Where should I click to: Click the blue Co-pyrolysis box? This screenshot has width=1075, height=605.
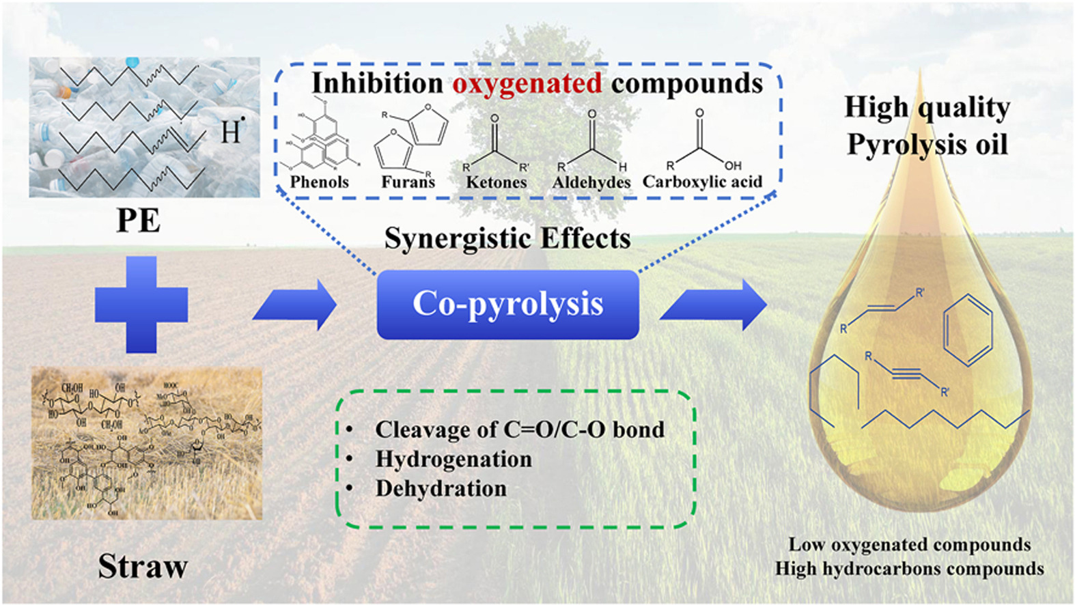(507, 305)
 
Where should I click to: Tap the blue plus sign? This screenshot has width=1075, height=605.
(141, 305)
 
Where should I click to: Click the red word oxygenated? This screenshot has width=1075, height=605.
(527, 83)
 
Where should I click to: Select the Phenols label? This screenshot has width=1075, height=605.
(319, 182)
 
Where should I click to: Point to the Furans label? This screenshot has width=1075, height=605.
(408, 182)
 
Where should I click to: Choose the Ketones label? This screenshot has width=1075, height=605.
(497, 182)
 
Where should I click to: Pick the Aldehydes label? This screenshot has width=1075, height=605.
(591, 182)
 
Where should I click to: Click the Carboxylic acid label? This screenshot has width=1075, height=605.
(702, 182)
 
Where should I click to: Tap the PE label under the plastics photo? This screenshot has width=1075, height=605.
(139, 221)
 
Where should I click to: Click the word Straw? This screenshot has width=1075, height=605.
(143, 567)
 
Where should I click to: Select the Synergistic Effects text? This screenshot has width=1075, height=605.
(507, 238)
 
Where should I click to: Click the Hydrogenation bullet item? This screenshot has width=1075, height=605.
(453, 460)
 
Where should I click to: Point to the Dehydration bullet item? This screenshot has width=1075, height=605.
(441, 489)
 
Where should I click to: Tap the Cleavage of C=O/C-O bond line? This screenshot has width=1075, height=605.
(519, 430)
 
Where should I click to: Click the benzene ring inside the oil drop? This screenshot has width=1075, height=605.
(967, 330)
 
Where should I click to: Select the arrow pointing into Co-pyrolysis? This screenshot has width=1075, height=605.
(295, 305)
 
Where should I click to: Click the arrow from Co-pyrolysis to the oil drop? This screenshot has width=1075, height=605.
(714, 305)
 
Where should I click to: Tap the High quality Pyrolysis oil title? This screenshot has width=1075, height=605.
(927, 126)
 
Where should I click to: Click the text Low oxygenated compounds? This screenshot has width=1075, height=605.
(910, 545)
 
